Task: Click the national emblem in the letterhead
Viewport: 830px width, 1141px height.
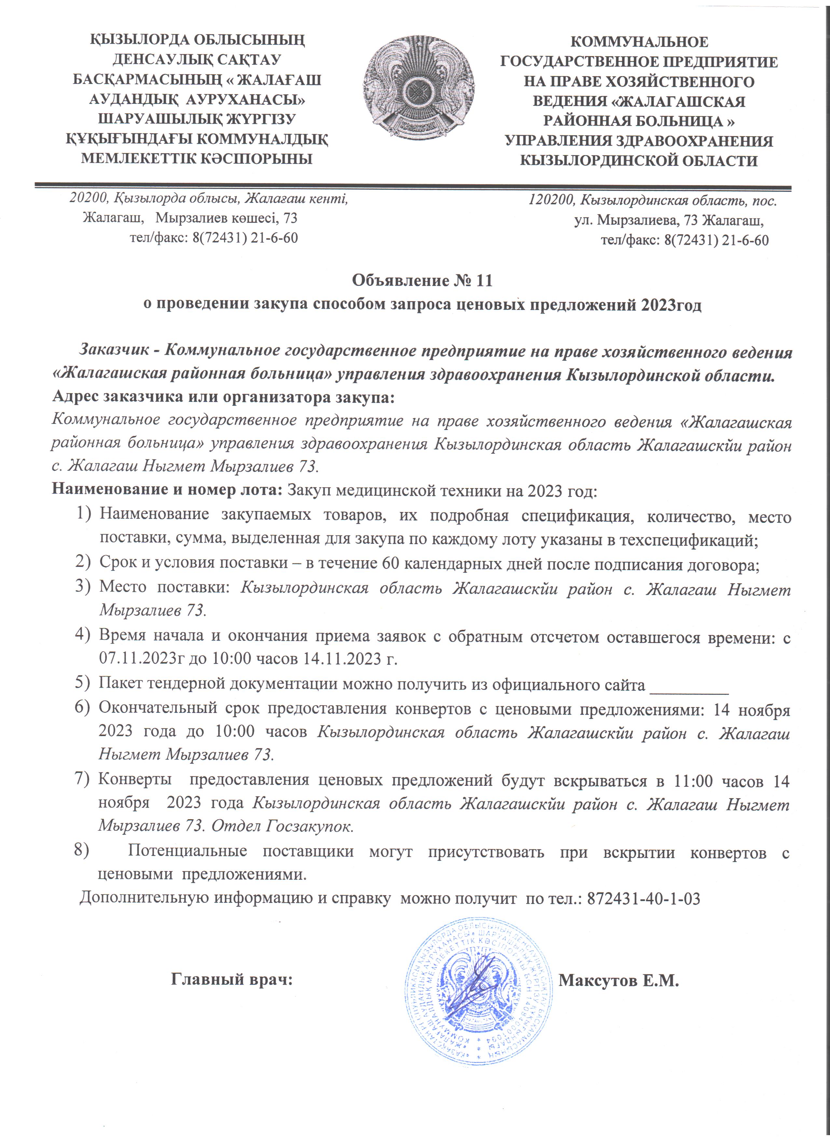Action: [418, 88]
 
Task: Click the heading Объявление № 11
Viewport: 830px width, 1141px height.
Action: [422, 280]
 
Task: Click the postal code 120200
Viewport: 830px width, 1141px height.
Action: [552, 201]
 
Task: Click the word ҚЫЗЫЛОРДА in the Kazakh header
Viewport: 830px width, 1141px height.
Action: [138, 39]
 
